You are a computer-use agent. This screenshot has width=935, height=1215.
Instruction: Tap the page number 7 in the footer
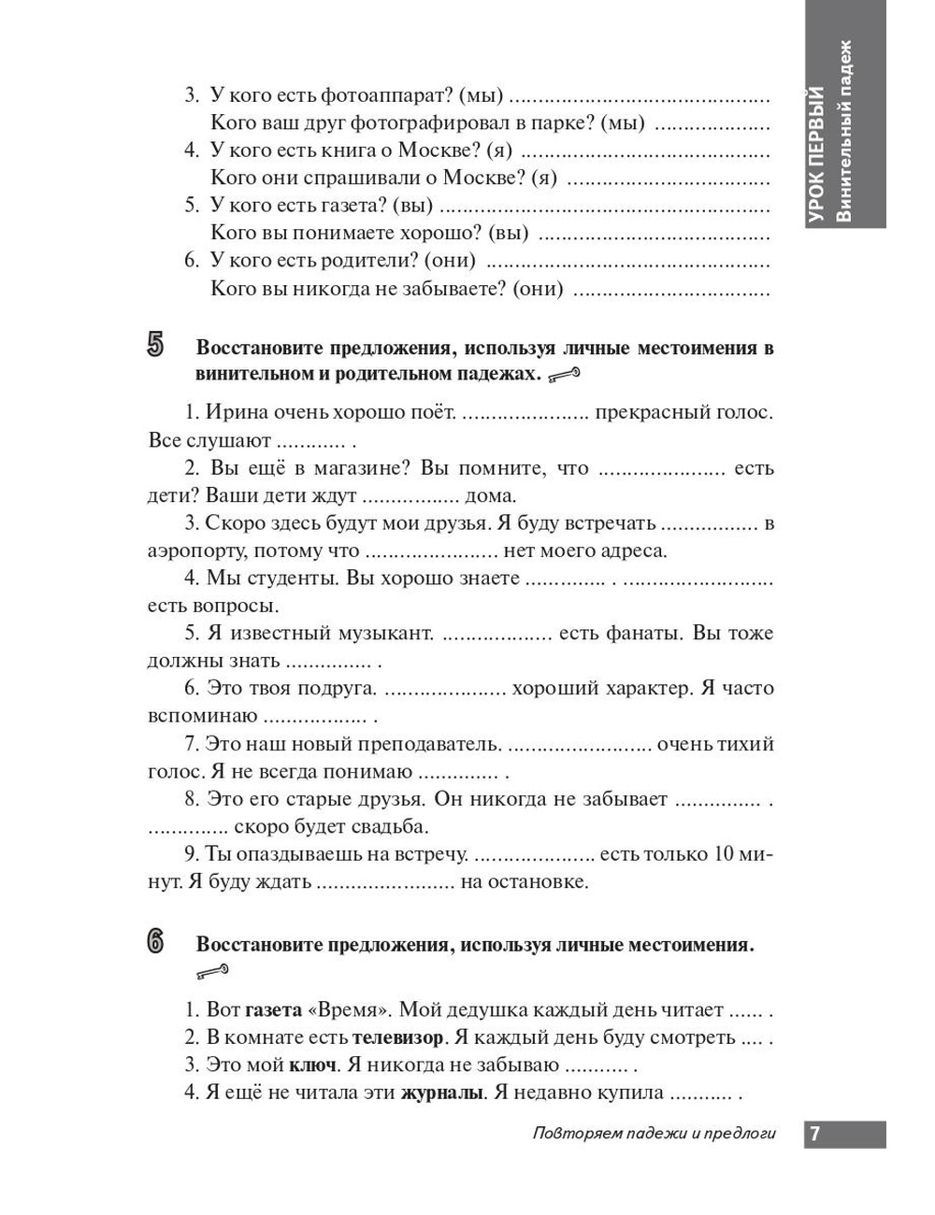(x=814, y=1134)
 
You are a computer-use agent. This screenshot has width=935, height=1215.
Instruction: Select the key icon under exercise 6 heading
(x=212, y=973)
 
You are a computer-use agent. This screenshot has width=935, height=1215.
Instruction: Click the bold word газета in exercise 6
(x=273, y=1010)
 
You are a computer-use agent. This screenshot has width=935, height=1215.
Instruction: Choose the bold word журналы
(x=441, y=1093)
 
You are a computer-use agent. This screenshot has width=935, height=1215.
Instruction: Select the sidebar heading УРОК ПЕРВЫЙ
(x=817, y=154)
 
